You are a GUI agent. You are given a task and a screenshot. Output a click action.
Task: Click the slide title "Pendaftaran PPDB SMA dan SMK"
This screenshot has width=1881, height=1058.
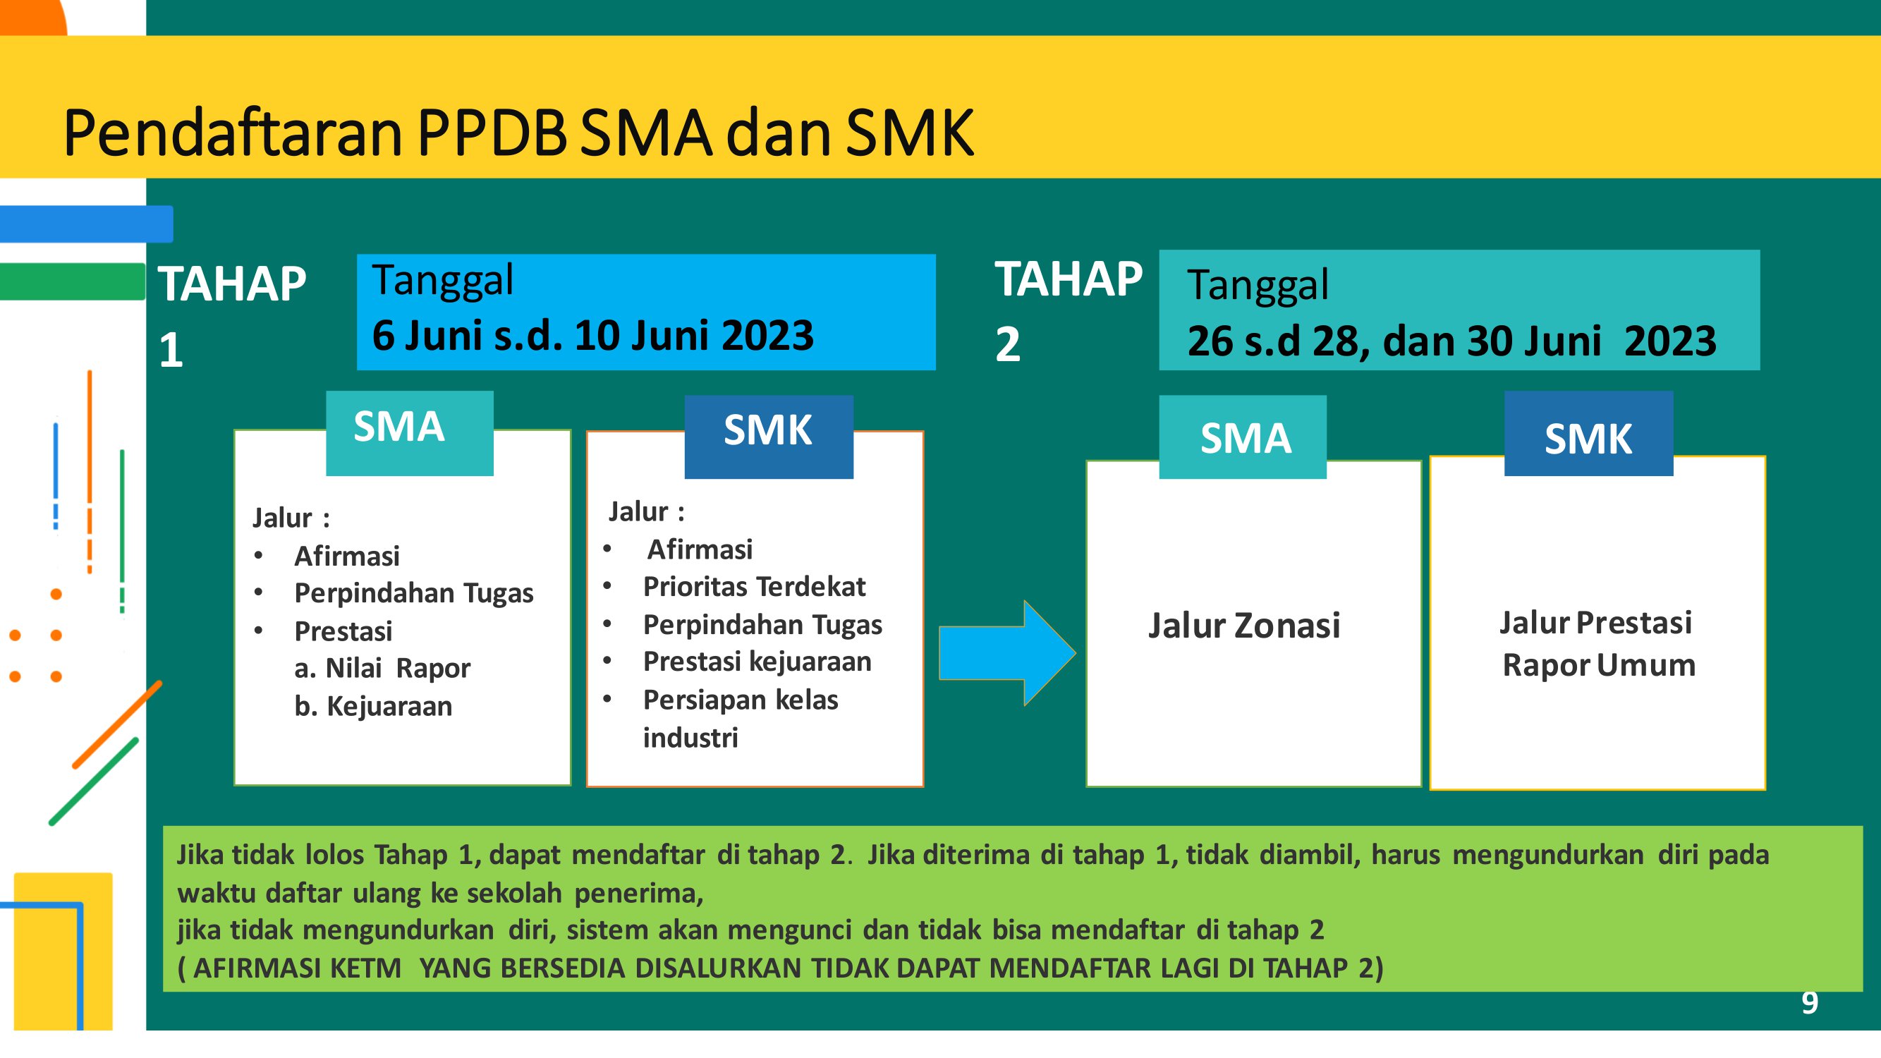pos(518,133)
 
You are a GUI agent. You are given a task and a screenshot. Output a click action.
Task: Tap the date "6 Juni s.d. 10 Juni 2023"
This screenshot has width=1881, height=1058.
pos(593,336)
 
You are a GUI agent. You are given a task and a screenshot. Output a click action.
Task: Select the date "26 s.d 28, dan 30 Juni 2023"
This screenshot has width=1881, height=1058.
pos(1451,341)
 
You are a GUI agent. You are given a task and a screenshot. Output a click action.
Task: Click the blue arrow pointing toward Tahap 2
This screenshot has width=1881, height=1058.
pos(1008,652)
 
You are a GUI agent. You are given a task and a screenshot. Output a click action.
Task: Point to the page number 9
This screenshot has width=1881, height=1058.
pos(1810,1003)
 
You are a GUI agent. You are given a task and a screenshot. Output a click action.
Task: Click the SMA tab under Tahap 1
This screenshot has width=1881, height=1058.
pos(410,433)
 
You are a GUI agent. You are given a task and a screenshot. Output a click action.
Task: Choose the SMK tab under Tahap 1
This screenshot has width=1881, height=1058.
pos(769,437)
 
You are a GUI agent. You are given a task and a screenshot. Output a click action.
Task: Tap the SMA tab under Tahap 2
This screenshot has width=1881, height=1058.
pos(1243,437)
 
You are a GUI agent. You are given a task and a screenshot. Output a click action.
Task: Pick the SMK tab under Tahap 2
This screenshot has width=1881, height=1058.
pos(1589,433)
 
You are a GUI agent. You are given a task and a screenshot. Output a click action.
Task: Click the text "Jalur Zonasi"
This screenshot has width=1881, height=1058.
pos(1244,625)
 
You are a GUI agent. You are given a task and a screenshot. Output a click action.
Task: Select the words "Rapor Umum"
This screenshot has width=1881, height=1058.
pos(1599,665)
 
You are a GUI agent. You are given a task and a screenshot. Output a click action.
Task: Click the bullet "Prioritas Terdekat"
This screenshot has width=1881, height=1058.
pos(754,586)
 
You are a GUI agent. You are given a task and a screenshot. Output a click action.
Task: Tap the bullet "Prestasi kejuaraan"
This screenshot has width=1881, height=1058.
pos(757,662)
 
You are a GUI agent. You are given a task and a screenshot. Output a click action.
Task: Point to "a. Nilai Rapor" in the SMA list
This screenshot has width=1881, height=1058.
pos(383,668)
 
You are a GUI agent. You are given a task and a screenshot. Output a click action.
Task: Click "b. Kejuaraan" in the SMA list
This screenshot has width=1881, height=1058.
pos(373,706)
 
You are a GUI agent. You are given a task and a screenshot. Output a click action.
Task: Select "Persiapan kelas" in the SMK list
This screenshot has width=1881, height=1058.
pos(741,700)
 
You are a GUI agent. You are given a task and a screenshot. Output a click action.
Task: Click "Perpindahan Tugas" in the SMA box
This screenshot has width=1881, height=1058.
pos(414,593)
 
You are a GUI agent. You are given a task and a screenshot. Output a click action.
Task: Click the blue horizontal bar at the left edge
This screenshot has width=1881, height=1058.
pos(86,224)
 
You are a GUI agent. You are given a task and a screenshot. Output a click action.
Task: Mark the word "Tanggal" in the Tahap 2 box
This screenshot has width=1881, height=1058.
pos(1258,285)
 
